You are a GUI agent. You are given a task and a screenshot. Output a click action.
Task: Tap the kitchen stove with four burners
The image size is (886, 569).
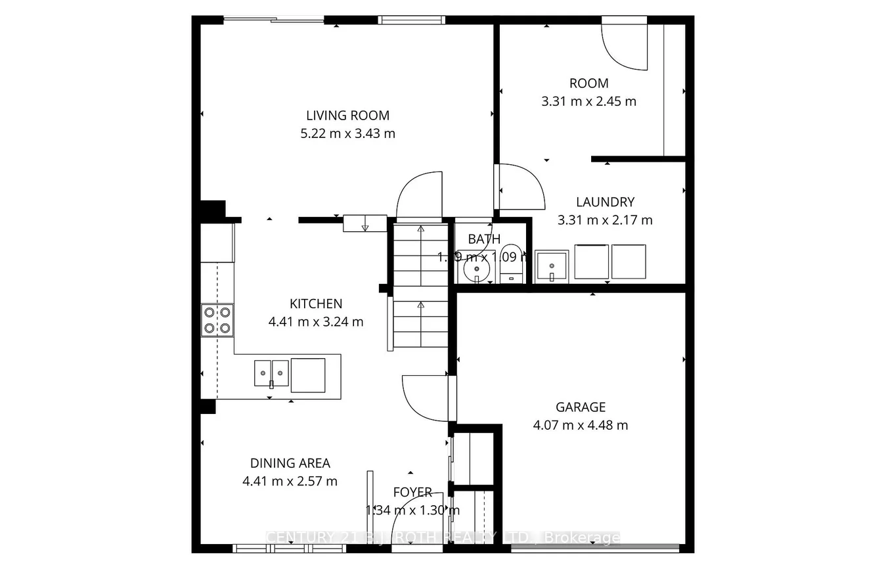pos(217,320)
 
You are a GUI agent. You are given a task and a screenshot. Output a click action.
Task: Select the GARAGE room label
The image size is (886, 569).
pos(580,407)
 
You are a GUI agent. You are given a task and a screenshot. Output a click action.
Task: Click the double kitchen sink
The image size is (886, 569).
pos(271,373)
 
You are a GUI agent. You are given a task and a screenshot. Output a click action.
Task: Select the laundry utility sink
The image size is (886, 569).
pos(552,265)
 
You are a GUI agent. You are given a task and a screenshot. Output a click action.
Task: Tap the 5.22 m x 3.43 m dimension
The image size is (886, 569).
pos(347,133)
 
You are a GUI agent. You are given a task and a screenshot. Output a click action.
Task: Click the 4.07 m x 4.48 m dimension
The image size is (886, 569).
pos(580,425)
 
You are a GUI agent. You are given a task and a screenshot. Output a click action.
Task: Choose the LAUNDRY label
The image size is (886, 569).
pos(605,202)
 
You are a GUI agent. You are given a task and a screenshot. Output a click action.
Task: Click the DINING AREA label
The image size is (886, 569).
pos(290,463)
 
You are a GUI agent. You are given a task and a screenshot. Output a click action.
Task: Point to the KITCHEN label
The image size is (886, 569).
pos(316,304)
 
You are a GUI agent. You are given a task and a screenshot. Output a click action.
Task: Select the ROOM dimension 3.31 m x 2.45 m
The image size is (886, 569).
pos(588,101)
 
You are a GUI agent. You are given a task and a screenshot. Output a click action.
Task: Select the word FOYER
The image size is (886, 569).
pos(412,492)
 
